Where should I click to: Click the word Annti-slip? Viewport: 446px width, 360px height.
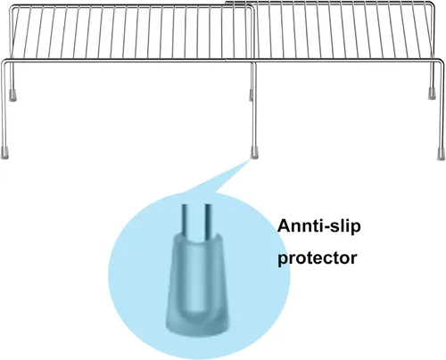[318, 226]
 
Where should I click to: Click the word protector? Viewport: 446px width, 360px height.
[317, 258]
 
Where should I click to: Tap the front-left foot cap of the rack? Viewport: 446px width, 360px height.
[4, 152]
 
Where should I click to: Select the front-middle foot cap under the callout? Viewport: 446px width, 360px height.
[254, 151]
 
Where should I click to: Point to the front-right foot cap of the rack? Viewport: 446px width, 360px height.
[441, 153]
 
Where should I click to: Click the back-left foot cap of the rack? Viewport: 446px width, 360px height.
[12, 94]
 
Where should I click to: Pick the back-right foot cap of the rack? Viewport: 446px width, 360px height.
[432, 94]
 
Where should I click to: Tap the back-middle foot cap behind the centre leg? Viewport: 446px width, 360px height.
[251, 95]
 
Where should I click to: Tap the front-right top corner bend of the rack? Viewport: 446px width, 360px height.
[442, 61]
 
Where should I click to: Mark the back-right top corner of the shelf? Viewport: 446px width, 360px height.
[433, 4]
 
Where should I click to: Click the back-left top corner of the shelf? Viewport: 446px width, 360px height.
[12, 7]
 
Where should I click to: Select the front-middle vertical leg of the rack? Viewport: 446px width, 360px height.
[254, 104]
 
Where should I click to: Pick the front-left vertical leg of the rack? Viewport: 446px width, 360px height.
[4, 105]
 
